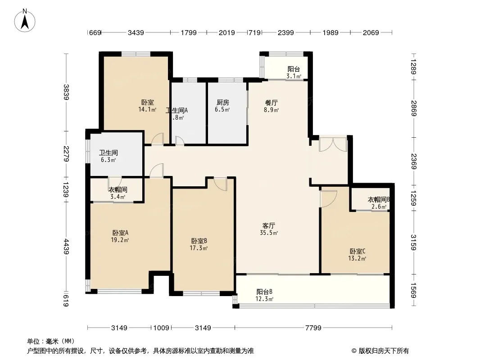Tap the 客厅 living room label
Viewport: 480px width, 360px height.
[x=269, y=225]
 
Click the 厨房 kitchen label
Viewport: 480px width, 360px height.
[x=223, y=102]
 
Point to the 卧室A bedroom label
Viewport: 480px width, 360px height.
[x=121, y=233]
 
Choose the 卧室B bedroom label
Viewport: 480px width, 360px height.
[x=199, y=241]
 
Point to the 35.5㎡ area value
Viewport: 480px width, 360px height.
[x=269, y=233]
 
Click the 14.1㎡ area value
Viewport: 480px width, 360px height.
[x=148, y=109]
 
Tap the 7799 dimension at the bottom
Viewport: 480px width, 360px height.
[x=313, y=328]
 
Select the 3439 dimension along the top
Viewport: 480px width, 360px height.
[x=136, y=32]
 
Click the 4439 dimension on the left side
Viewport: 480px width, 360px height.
[x=66, y=246]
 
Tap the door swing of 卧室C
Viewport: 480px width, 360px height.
[x=328, y=198]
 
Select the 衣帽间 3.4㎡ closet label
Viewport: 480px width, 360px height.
[x=118, y=193]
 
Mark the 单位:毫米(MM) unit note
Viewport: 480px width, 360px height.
[x=50, y=341]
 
